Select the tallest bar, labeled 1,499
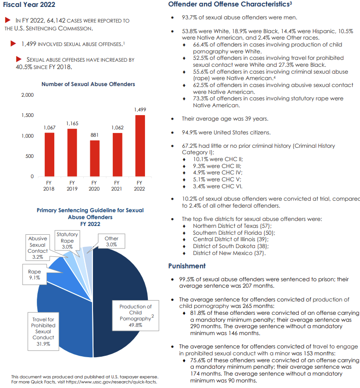pyautogui.click(x=140, y=145)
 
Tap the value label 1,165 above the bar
pyautogui.click(x=72, y=124)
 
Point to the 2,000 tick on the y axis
pyautogui.click(x=28, y=95)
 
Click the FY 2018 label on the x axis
pyautogui.click(x=49, y=186)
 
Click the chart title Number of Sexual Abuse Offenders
pyautogui.click(x=88, y=84)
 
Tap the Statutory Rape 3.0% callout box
pyautogui.click(x=67, y=241)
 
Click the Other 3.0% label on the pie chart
pyautogui.click(x=111, y=242)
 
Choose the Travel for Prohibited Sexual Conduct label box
pyautogui.click(x=43, y=331)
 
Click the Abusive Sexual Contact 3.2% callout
pyautogui.click(x=38, y=248)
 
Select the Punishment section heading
pyautogui.click(x=187, y=266)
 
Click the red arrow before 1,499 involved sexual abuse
pyautogui.click(x=13, y=44)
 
